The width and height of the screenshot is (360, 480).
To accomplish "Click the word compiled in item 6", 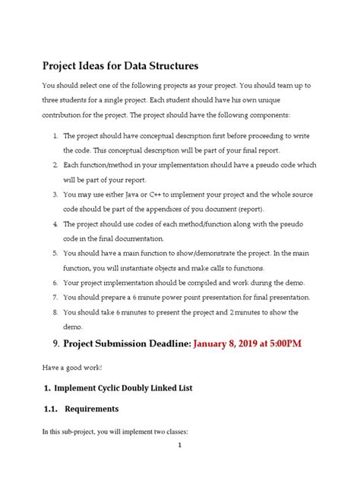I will click(216, 283).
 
